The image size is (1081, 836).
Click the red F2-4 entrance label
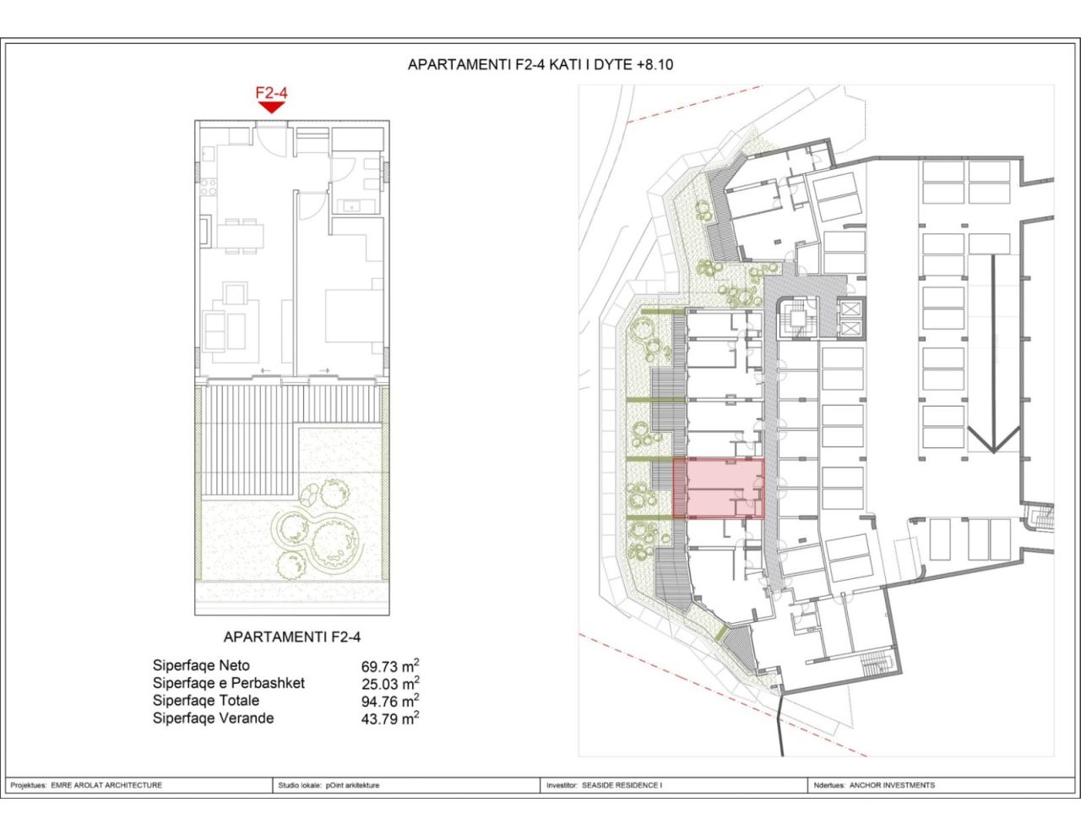271,92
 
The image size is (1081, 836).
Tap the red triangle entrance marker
271,107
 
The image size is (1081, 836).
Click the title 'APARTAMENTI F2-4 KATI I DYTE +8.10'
540,64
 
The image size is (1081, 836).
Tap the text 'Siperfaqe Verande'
213,719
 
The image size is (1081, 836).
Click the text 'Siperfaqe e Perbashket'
228,683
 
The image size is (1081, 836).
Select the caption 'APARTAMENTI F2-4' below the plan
291,637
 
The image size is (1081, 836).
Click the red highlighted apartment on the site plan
718,488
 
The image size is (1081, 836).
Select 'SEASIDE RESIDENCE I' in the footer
621,785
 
